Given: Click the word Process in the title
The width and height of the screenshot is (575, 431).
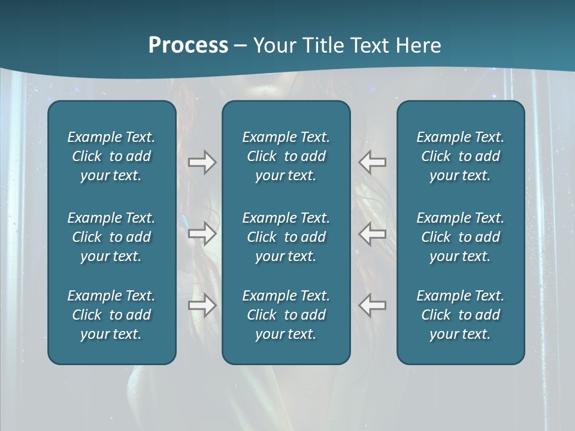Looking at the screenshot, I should point(188,45).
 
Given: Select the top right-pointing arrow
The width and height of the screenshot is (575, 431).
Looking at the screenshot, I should point(202,162).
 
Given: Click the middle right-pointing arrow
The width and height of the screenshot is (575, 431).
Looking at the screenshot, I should point(202,233).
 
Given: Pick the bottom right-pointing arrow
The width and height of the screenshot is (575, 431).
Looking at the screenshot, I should point(202,305).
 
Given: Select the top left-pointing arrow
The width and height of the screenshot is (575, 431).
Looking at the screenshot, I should point(373,162).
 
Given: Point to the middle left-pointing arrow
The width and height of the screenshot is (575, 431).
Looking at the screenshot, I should point(373,233).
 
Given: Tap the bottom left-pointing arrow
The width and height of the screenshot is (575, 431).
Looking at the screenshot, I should point(373,305).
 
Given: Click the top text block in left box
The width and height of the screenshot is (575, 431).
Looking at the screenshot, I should point(111,156).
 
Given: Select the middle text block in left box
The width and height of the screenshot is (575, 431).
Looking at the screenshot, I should point(111,237).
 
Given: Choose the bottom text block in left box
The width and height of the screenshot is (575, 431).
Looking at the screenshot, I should point(111,315).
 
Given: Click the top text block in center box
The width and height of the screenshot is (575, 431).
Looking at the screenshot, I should point(286,156).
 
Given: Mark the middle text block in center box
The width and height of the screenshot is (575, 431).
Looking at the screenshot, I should point(286,237).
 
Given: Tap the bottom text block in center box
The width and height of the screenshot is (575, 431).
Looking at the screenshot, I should point(286,315).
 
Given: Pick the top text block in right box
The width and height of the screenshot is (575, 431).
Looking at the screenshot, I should point(461,156).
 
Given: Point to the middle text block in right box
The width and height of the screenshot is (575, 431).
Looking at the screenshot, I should point(461,237).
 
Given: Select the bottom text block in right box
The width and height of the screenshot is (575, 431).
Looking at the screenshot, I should point(461,315).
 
